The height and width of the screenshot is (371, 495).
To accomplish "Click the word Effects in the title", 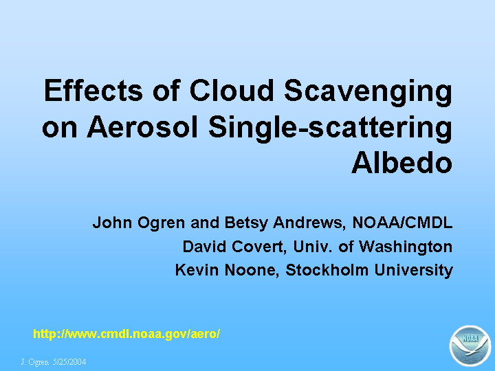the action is click(x=93, y=90).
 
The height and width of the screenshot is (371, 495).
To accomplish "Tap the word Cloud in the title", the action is click(x=231, y=90).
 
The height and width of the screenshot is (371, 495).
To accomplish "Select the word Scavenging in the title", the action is click(x=368, y=92).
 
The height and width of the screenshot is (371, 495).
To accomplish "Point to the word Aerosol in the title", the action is click(x=142, y=126).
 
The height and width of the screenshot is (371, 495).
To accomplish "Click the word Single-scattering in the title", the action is click(x=330, y=128).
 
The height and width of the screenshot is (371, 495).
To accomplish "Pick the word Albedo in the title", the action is click(x=402, y=162).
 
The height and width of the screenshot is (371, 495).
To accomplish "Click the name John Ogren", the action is click(x=139, y=223).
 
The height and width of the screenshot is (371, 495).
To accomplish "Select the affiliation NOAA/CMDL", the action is click(x=402, y=223).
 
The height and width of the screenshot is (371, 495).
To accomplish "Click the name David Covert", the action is click(x=234, y=247).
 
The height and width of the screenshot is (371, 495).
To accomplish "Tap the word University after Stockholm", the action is click(x=414, y=271).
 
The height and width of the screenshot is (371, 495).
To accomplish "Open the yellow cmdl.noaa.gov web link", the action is click(x=126, y=333).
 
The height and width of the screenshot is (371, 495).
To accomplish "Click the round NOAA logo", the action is click(x=470, y=346).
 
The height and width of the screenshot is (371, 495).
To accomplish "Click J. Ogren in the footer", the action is click(x=35, y=362).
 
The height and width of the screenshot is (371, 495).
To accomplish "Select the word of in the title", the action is click(x=166, y=90).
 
